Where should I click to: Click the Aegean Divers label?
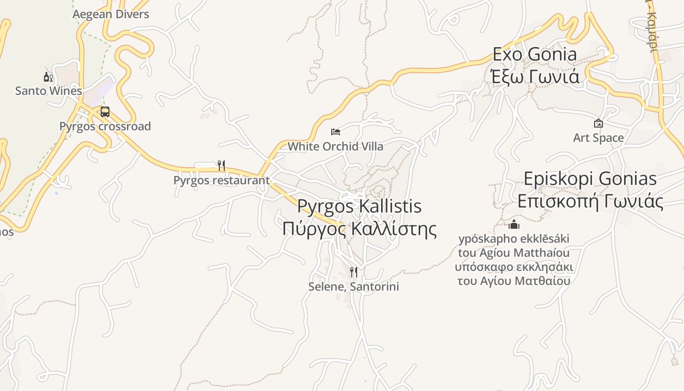pyautogui.click(x=111, y=14)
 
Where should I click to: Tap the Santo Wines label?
pyautogui.click(x=48, y=91)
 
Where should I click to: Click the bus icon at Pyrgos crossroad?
pyautogui.click(x=105, y=112)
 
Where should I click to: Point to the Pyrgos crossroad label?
pyautogui.click(x=105, y=126)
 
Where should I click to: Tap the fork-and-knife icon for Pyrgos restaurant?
pyautogui.click(x=221, y=166)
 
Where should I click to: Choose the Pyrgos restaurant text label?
pyautogui.click(x=221, y=180)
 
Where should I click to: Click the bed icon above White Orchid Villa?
pyautogui.click(x=335, y=131)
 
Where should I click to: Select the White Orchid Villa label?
pyautogui.click(x=335, y=146)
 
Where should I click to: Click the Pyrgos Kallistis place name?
pyautogui.click(x=359, y=206)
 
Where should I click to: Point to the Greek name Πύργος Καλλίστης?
pyautogui.click(x=359, y=229)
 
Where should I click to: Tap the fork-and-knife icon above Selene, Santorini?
pyautogui.click(x=354, y=272)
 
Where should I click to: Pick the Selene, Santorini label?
pyautogui.click(x=354, y=286)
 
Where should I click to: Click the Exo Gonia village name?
pyautogui.click(x=534, y=54)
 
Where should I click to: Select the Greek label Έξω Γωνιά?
pyautogui.click(x=534, y=77)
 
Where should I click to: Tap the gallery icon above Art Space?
pyautogui.click(x=598, y=124)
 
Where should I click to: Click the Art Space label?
pyautogui.click(x=598, y=138)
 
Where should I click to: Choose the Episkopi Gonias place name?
pyautogui.click(x=590, y=179)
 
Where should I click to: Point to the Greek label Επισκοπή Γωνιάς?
pyautogui.click(x=590, y=201)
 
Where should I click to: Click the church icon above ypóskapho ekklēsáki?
pyautogui.click(x=514, y=225)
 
